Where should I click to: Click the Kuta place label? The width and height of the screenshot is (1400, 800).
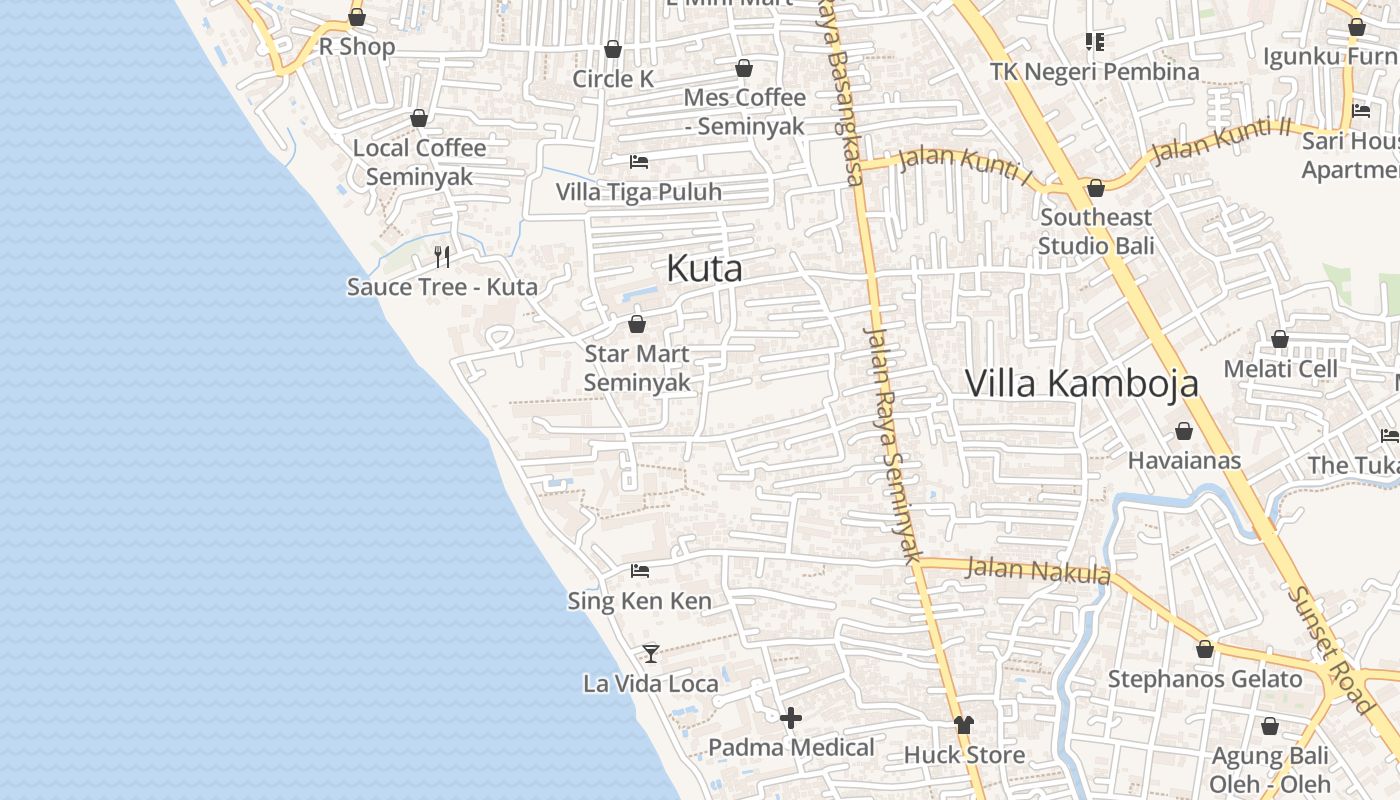[704, 268]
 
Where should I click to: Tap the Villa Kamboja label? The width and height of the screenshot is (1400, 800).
[1081, 383]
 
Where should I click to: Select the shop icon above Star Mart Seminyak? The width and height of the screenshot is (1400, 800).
[637, 324]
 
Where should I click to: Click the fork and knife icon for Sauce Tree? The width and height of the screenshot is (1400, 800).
[442, 257]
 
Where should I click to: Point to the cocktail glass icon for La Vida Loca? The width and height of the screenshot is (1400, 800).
[651, 653]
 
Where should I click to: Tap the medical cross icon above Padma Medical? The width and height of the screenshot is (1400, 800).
[791, 718]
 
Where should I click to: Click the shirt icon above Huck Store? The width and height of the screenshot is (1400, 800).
[964, 725]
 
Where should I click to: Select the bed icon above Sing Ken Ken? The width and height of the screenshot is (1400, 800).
[640, 571]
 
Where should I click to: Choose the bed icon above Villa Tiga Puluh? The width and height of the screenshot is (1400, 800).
[639, 161]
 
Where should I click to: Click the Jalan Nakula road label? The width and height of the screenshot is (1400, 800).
[1038, 571]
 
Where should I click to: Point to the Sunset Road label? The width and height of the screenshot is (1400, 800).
[1331, 650]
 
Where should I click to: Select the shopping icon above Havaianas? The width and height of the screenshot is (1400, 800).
[1184, 431]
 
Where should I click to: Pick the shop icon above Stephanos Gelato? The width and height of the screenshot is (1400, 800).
[1205, 649]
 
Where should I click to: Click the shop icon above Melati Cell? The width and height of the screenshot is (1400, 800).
[1280, 339]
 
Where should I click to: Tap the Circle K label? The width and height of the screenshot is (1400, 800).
[613, 78]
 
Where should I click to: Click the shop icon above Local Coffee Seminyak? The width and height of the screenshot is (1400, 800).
[419, 118]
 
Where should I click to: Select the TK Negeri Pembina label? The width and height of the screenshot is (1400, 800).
[1094, 71]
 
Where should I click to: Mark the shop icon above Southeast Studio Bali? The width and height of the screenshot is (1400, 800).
[1096, 188]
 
